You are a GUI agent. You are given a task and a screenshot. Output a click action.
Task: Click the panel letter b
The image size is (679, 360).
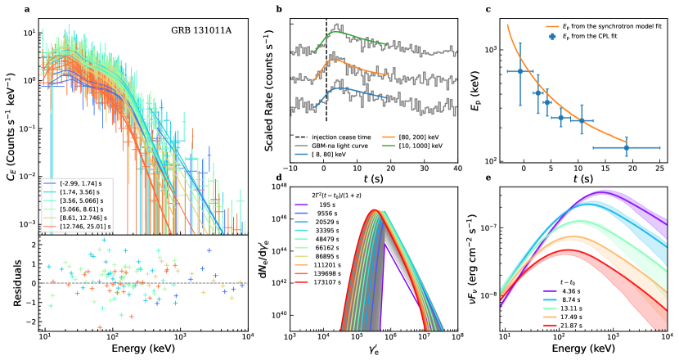(x=280, y=9)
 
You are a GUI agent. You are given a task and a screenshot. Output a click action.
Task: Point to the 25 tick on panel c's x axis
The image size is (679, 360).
(x=659, y=173)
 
